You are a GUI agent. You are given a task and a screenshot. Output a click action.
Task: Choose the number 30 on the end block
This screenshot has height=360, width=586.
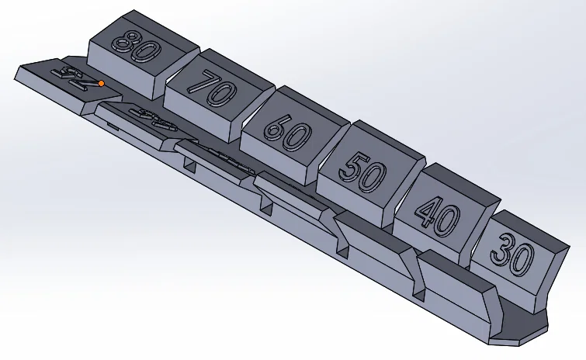(511, 252)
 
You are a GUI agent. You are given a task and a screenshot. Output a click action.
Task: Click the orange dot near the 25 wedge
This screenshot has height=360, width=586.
(101, 83)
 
